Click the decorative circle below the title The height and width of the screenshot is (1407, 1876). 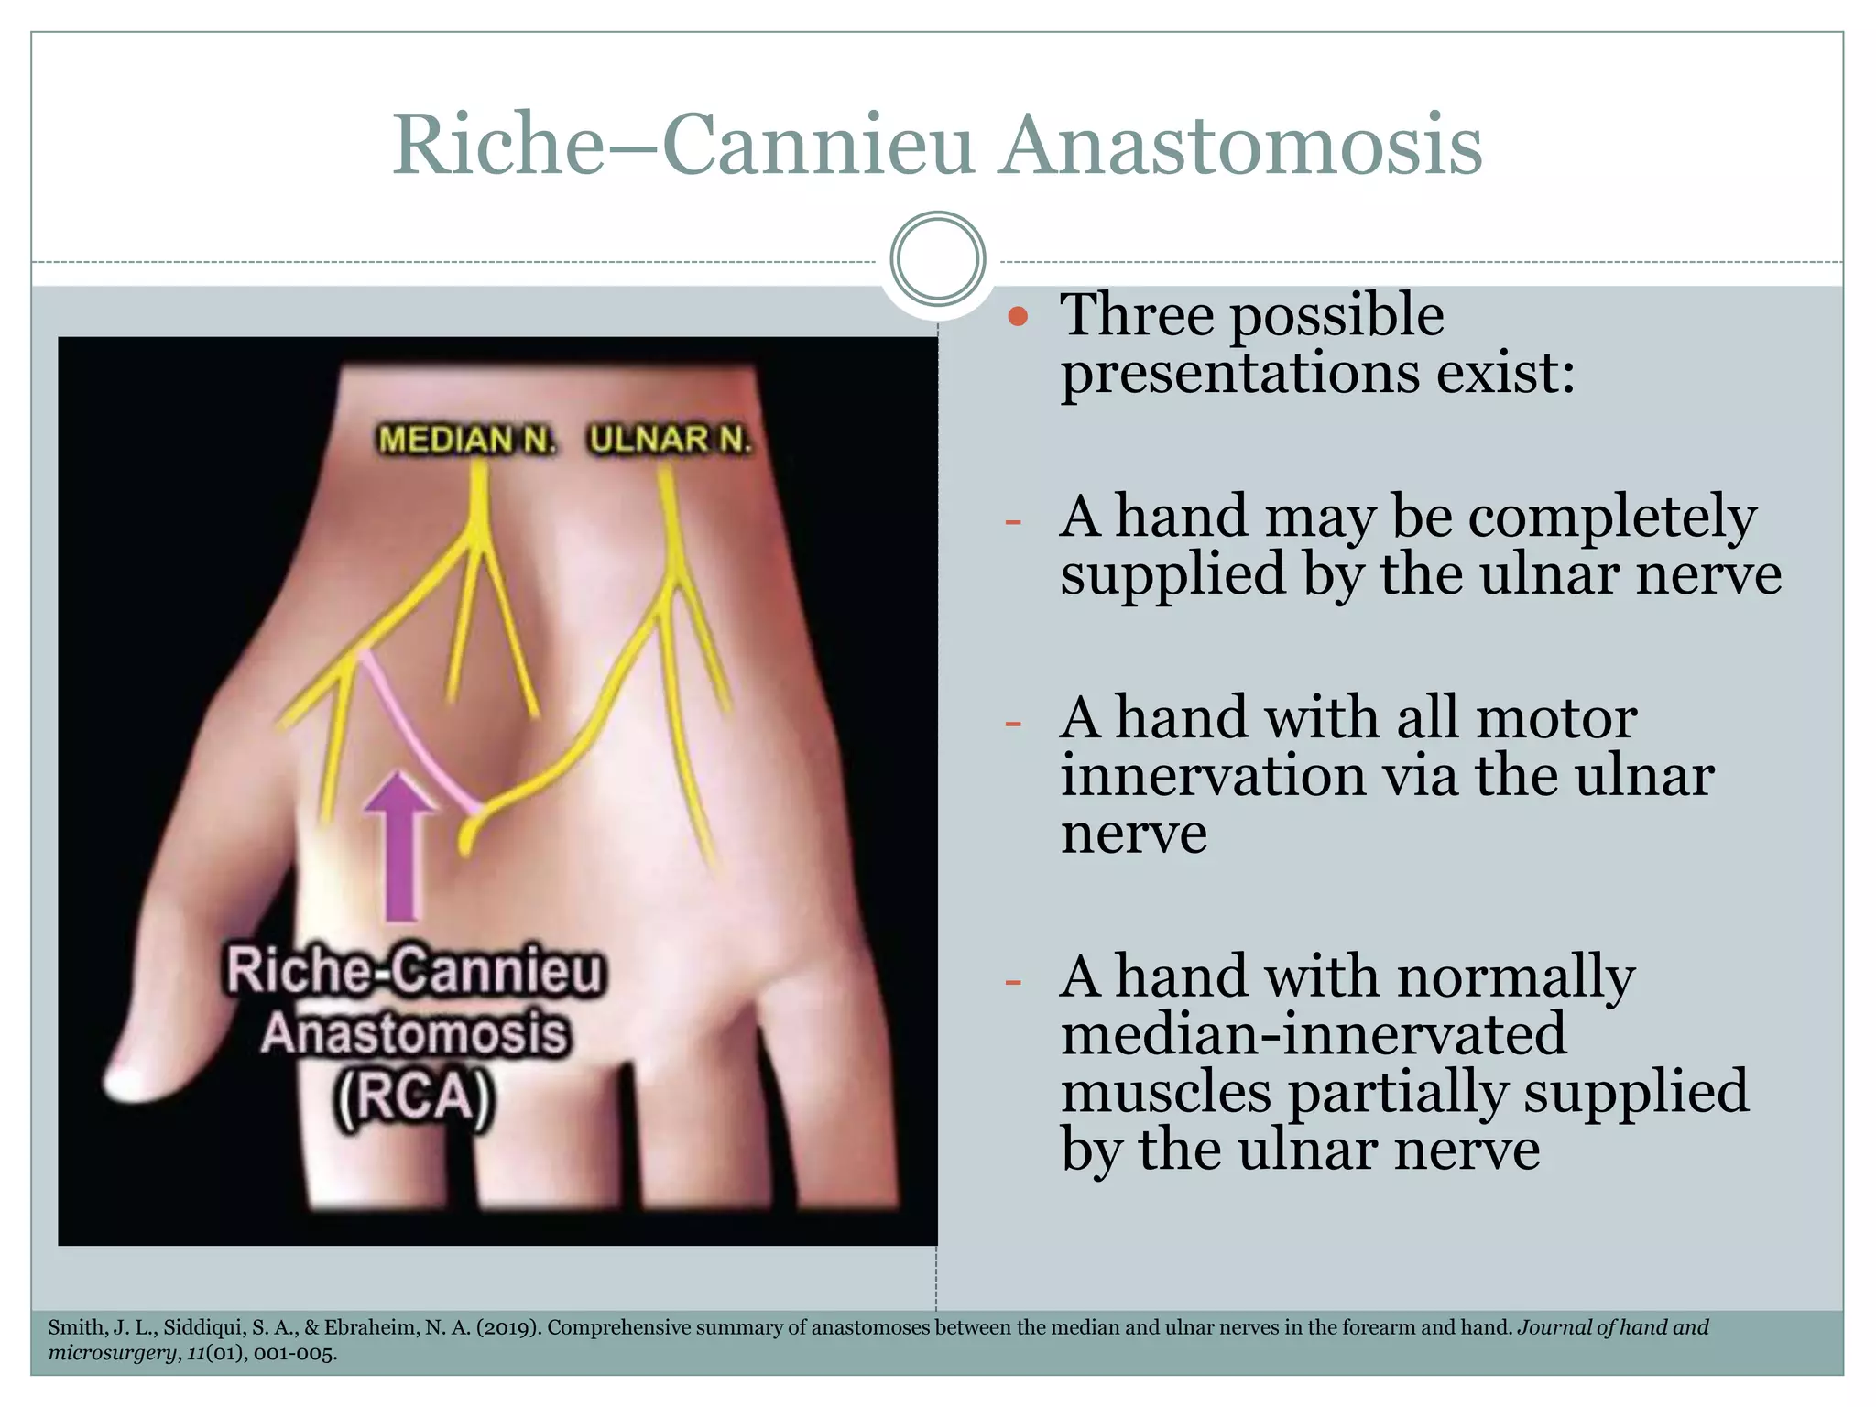click(x=937, y=259)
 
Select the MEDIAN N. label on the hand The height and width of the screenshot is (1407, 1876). click(x=467, y=441)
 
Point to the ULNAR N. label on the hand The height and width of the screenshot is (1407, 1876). click(x=670, y=441)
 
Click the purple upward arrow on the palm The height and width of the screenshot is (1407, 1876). click(x=400, y=843)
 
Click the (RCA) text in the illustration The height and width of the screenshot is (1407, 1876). click(x=414, y=1097)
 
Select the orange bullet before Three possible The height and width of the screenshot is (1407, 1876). click(x=1018, y=318)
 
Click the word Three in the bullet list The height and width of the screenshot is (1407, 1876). click(x=1136, y=316)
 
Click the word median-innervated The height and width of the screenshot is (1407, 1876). click(x=1314, y=1035)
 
